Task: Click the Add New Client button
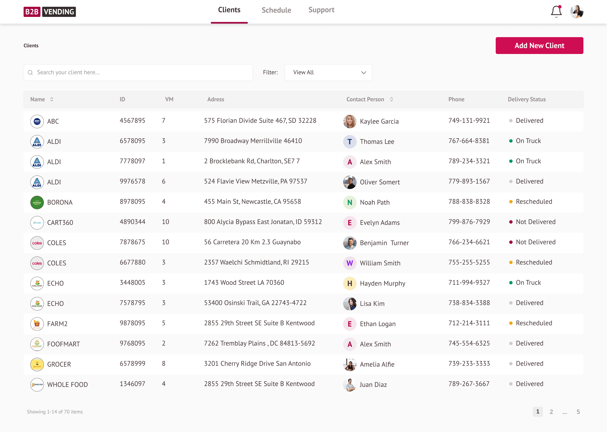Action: [x=539, y=46]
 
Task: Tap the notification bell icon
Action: [x=556, y=11]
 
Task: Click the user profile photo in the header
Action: [x=576, y=12]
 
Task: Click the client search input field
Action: [x=138, y=72]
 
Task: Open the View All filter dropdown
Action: [x=328, y=72]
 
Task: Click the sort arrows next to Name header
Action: [x=52, y=99]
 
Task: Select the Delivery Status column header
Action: [x=527, y=99]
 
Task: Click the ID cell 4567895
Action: [x=132, y=121]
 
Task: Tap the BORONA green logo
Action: [x=37, y=202]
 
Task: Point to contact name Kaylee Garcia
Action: [x=379, y=121]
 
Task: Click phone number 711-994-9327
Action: [x=469, y=283]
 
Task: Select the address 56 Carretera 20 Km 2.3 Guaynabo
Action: [x=252, y=242]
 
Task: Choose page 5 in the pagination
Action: [x=578, y=412]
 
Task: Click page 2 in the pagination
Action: [x=551, y=412]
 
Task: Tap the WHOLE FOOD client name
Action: [x=68, y=385]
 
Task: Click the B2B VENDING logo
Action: [x=50, y=12]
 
